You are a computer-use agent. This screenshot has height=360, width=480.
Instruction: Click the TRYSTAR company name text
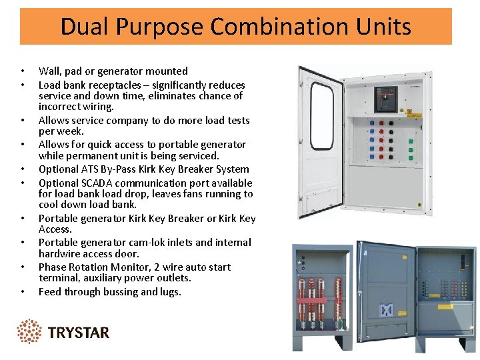click(x=79, y=332)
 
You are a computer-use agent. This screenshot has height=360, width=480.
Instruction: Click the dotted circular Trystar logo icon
click(x=29, y=331)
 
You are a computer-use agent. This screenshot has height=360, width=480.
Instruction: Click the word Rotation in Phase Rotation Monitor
click(x=90, y=267)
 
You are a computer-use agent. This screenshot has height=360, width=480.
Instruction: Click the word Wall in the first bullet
click(x=49, y=71)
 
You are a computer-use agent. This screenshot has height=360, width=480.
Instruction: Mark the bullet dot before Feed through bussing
click(x=23, y=292)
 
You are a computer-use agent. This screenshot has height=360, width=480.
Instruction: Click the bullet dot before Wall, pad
click(x=23, y=71)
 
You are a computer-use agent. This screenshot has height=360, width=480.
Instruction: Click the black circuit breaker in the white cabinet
click(x=385, y=99)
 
